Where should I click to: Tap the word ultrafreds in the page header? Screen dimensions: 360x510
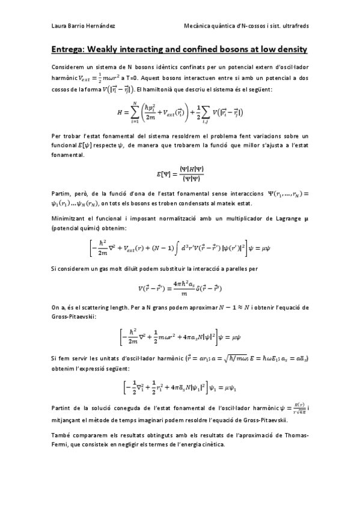click(294, 25)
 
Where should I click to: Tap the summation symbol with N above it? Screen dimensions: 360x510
click(135, 112)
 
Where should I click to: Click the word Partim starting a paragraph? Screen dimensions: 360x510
click(60, 193)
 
